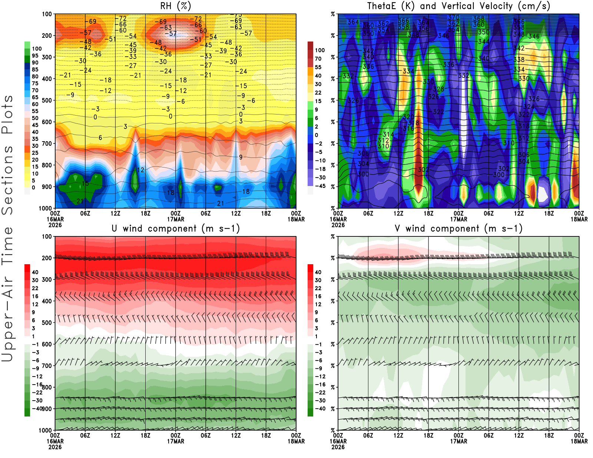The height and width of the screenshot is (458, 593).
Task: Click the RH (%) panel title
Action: [x=175, y=6]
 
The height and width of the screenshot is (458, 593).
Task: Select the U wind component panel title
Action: [x=176, y=229]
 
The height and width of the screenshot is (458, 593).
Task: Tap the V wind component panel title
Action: [x=458, y=229]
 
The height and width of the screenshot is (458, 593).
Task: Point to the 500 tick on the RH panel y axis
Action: [x=47, y=100]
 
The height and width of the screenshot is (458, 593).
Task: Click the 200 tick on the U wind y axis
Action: [x=47, y=258]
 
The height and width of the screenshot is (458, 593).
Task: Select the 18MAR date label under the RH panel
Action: [x=296, y=219]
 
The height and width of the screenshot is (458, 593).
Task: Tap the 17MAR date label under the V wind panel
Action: [x=458, y=441]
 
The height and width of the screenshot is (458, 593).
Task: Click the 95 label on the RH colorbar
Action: [x=35, y=56]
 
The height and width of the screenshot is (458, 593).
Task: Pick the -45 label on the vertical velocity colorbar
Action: [x=320, y=186]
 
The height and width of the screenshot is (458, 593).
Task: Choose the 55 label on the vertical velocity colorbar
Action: [x=318, y=67]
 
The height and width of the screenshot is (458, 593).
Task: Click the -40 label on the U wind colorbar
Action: [x=37, y=408]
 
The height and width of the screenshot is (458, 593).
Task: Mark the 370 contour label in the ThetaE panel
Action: [x=453, y=17]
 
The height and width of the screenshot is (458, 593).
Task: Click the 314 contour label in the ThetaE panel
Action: [x=388, y=135]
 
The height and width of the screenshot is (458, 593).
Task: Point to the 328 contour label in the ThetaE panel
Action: [x=438, y=89]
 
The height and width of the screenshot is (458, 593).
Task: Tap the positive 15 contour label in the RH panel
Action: [x=85, y=183]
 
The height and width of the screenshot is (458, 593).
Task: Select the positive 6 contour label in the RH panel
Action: [x=100, y=138]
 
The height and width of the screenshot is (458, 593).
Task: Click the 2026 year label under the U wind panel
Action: [x=55, y=447]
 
